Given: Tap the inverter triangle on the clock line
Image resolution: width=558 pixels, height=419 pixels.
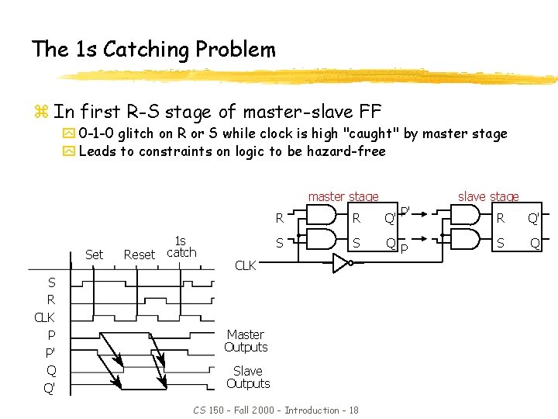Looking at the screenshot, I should pos(340,265).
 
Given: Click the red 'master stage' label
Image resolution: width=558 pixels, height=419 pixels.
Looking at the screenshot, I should pos(343,196).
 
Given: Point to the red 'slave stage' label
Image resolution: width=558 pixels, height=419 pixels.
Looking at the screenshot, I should pos(488,196).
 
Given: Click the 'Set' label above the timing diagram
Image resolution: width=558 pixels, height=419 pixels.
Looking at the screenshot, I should pos(94,255).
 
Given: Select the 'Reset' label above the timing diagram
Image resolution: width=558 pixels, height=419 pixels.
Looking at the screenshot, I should pos(139,255).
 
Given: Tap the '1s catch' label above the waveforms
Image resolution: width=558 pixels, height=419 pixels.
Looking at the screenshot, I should pos(181,247).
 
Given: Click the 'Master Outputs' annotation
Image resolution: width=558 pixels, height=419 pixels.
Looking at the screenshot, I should pos(246,341).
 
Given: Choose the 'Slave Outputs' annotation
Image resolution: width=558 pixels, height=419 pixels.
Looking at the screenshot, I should pos(248,377).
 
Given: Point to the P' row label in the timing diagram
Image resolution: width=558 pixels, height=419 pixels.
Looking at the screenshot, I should pos(50,353).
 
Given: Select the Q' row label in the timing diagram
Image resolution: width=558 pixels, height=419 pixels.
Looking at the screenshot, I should pos(50,388).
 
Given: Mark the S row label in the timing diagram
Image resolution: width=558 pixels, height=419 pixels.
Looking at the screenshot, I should pos(51,282).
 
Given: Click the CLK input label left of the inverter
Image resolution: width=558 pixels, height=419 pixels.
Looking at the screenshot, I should pos(245,266).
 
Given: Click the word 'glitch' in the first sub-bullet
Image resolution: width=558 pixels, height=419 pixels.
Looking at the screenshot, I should pos(135,133).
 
